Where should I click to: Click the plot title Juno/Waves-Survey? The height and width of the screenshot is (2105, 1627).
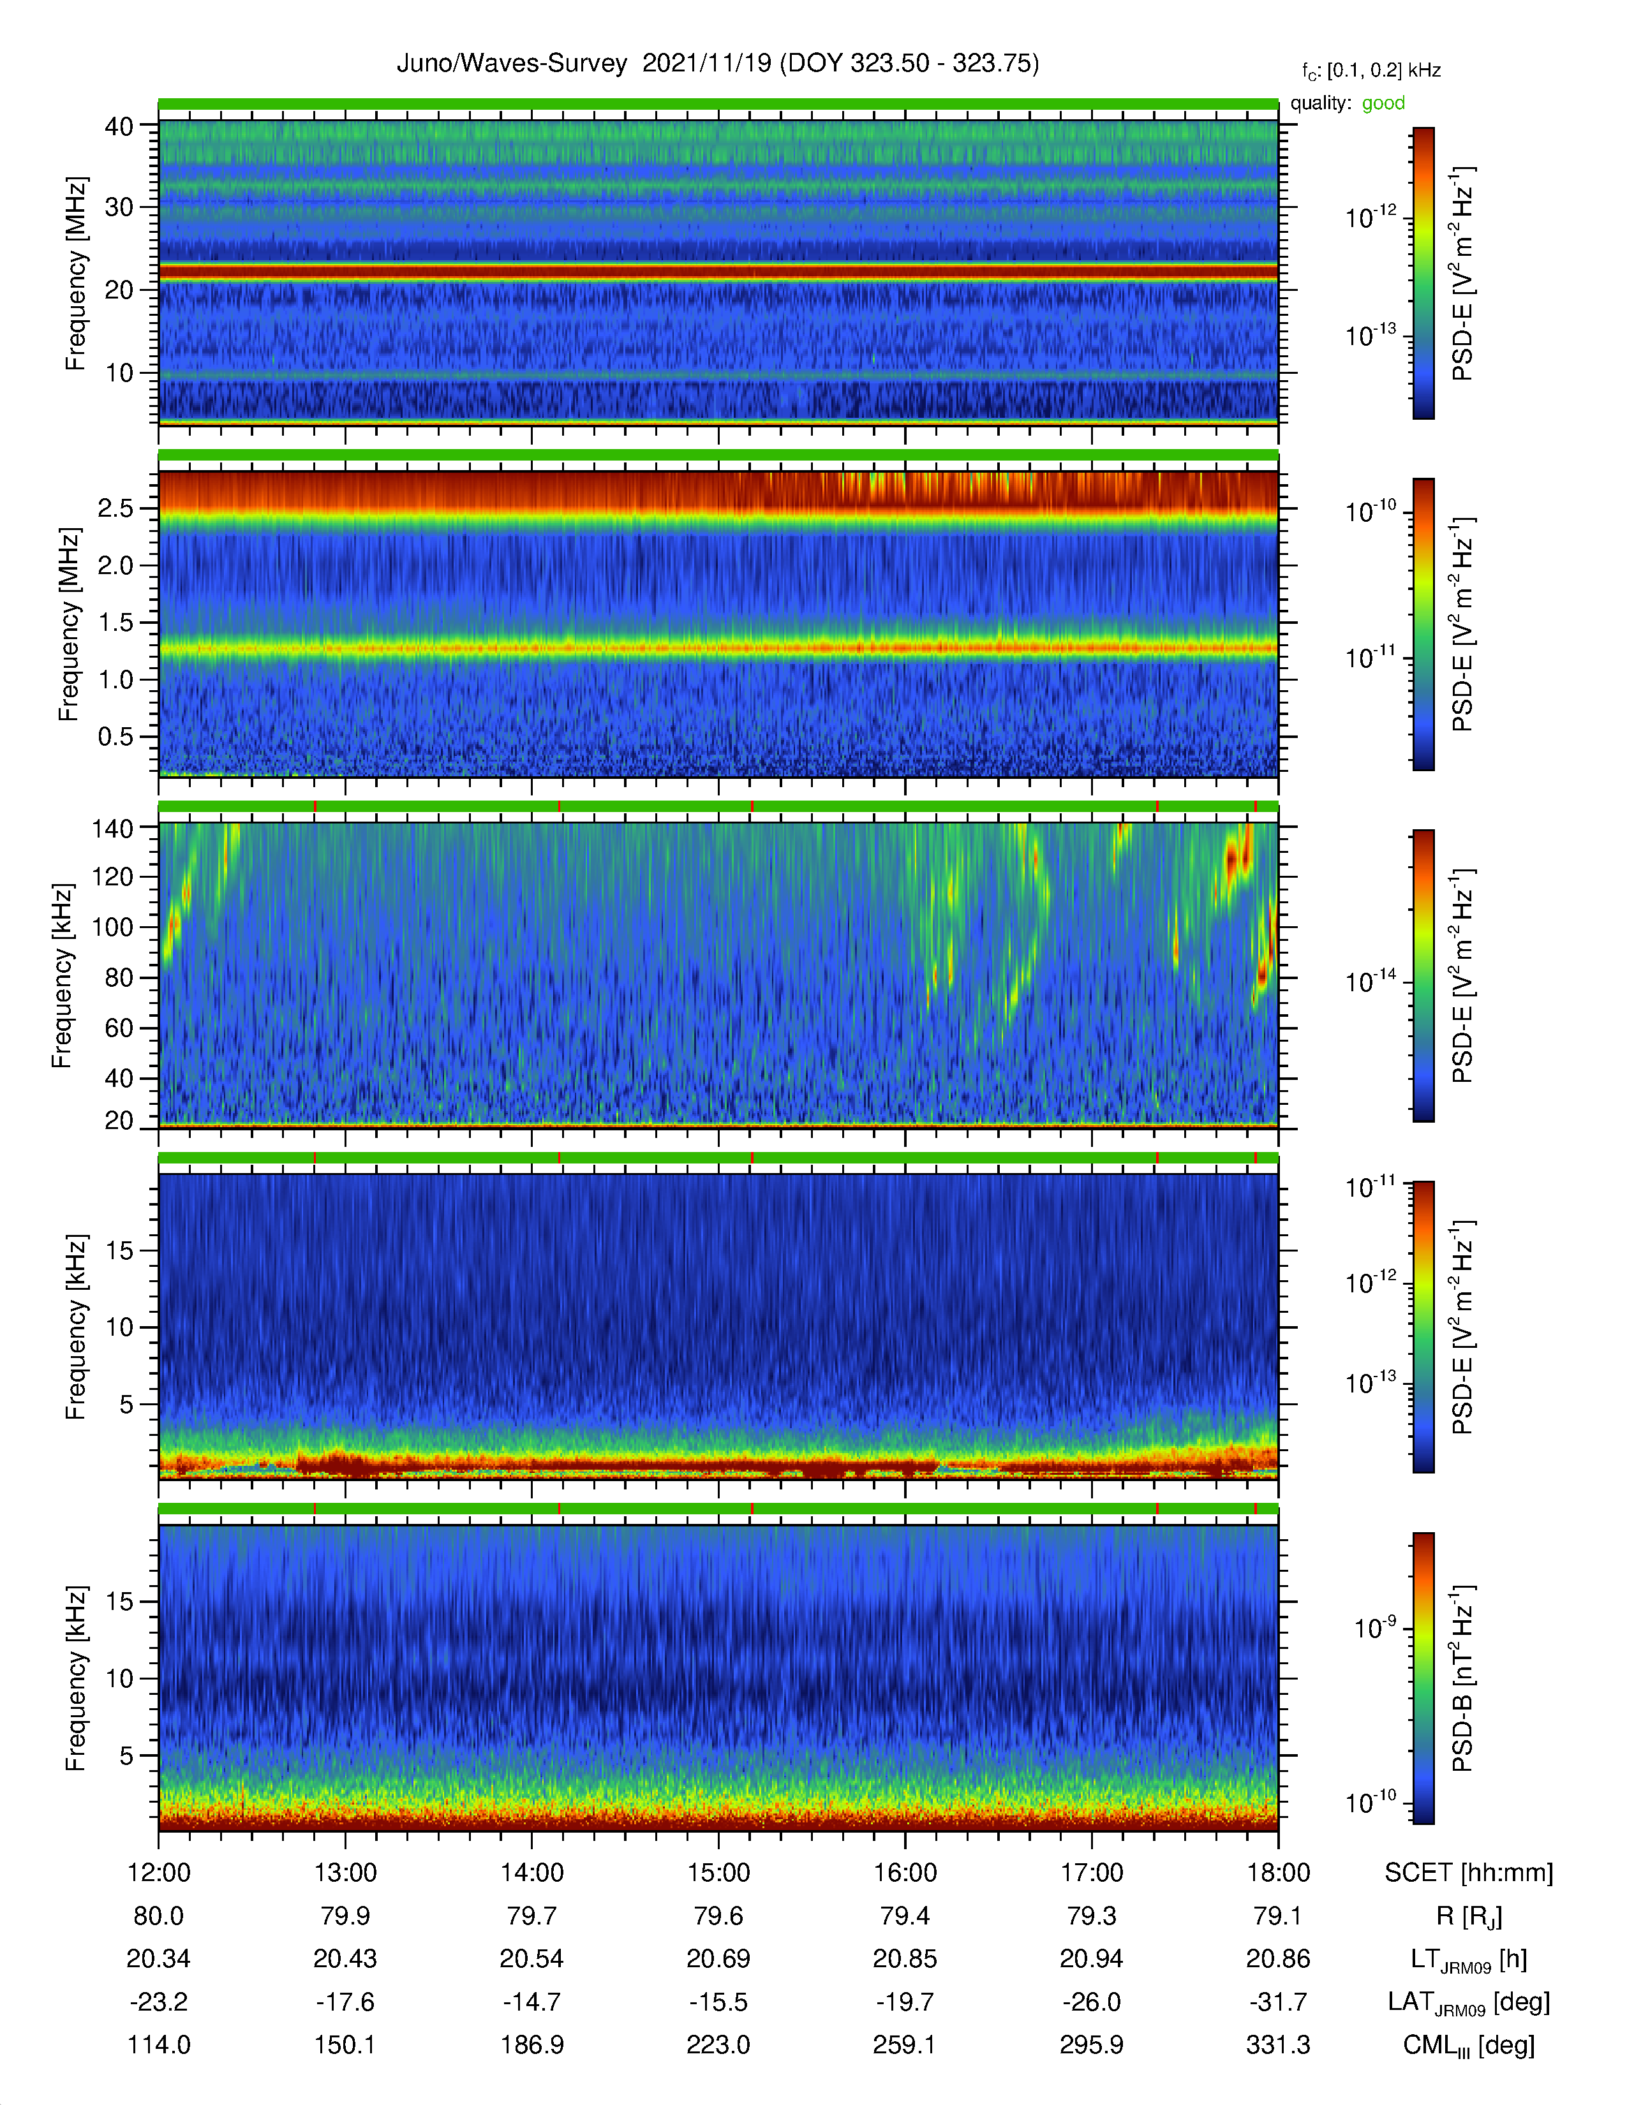click(512, 64)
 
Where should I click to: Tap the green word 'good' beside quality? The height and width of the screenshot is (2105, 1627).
click(1383, 103)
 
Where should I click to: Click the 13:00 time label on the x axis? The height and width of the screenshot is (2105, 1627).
click(345, 1873)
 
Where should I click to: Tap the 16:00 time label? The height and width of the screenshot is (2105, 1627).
click(905, 1873)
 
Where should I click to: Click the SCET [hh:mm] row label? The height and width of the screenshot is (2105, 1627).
click(1469, 1873)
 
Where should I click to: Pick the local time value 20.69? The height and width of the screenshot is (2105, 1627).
click(718, 1958)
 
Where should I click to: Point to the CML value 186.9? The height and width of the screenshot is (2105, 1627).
click(532, 2044)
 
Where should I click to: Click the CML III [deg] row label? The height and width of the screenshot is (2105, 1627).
click(1469, 2045)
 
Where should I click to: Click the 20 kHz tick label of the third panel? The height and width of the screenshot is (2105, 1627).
click(119, 1120)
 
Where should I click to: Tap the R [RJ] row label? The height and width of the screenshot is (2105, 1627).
click(1469, 1916)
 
